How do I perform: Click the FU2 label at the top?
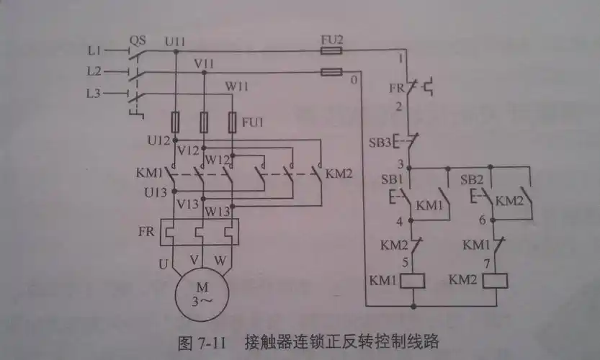331,40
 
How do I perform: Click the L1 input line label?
94,52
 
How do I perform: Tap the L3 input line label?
94,94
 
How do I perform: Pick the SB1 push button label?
392,178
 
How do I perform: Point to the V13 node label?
188,204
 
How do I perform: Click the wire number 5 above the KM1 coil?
405,262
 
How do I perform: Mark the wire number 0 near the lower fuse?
354,80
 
